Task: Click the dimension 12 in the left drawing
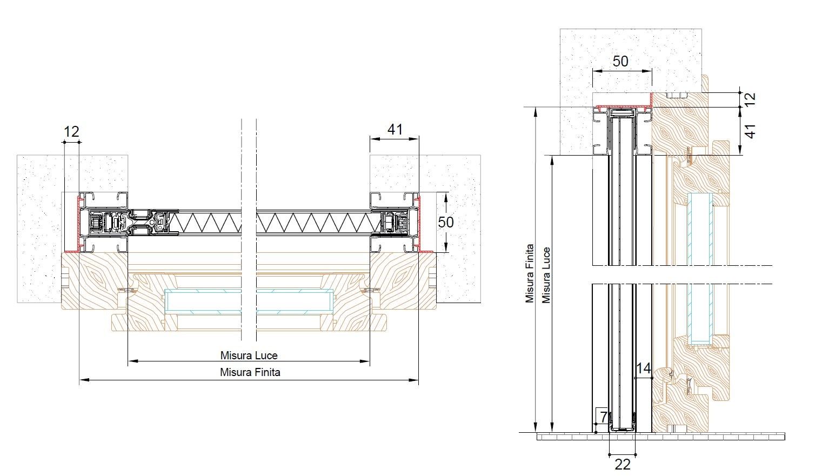(x=71, y=131)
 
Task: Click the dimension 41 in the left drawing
(x=395, y=129)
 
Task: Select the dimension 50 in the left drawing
(x=446, y=222)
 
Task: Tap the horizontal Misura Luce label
(x=249, y=356)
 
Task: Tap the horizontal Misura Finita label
(x=250, y=372)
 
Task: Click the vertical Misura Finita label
(x=530, y=273)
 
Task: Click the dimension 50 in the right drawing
(x=620, y=61)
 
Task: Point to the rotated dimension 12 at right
(x=750, y=99)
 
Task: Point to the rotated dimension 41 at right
(x=750, y=131)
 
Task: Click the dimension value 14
(x=643, y=368)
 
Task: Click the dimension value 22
(x=623, y=464)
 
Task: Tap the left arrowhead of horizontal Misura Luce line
(x=131, y=361)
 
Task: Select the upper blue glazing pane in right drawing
(x=700, y=230)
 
